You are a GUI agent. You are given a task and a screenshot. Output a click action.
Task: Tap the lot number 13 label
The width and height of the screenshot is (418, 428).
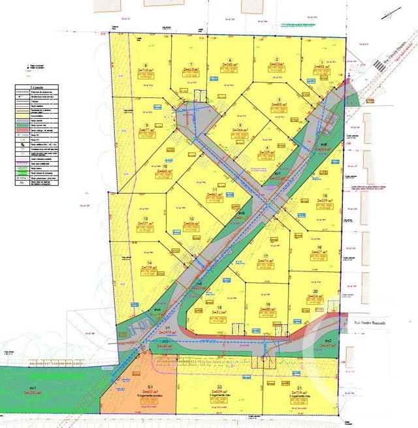pos(146,219)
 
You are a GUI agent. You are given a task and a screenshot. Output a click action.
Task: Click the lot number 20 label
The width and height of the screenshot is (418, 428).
pos(315,292)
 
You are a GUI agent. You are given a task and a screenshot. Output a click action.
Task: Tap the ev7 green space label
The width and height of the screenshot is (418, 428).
pos(278,174)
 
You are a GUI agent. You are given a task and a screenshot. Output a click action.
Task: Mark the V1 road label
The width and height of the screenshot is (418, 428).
pos(167,328)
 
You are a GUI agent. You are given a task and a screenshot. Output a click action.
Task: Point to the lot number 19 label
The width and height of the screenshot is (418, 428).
pos(268,305)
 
